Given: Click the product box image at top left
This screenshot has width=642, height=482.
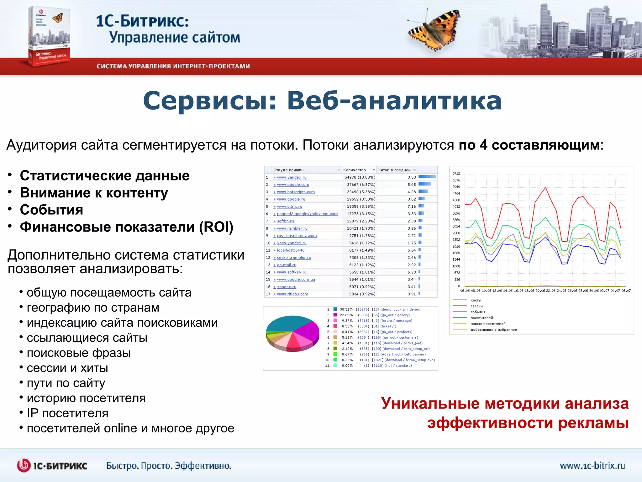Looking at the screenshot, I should point(49,36).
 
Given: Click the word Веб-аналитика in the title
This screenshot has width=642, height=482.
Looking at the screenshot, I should point(394,101).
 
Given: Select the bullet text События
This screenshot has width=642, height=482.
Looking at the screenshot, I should point(51,210).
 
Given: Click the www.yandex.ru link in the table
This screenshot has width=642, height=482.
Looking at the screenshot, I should point(292,177).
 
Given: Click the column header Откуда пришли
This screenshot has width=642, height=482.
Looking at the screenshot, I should point(288,170).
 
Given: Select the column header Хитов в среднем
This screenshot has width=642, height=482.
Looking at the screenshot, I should point(394,170).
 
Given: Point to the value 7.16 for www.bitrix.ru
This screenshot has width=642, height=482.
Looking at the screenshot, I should point(412,206).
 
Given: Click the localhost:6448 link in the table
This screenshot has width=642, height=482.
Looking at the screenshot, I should point(291,250).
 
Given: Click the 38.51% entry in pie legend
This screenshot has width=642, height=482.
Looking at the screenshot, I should point(346,309).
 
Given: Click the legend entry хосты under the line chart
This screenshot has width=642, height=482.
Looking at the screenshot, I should point(476,300).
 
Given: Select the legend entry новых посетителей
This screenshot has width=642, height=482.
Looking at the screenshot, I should point(488,324).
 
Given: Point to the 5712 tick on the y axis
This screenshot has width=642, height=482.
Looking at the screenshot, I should point(456,174).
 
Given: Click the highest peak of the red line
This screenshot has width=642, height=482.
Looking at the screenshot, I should point(545,188).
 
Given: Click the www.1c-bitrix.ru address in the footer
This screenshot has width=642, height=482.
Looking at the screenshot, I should point(592,465).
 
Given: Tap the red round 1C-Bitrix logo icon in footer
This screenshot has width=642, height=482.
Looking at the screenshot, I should point(24,465).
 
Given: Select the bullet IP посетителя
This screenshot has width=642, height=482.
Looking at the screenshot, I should point(67,413).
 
